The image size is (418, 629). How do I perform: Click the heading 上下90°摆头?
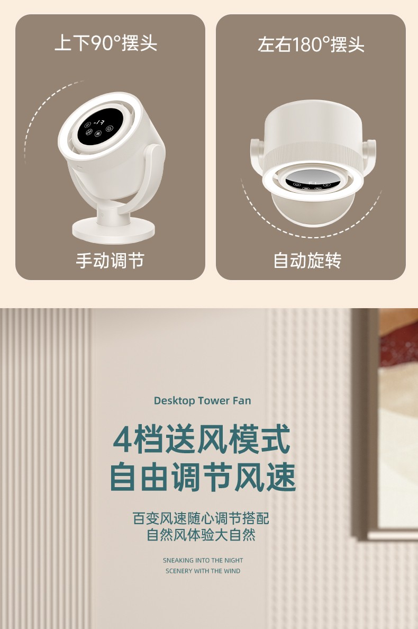tap(106, 43)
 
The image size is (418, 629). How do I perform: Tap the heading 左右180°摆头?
tap(311, 44)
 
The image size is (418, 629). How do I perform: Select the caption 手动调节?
tap(110, 260)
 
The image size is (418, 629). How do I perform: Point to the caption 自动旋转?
tap(307, 260)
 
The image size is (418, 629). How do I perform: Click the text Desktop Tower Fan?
tap(203, 400)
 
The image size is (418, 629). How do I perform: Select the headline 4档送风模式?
tap(202, 439)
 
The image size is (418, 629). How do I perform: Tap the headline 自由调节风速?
tap(203, 477)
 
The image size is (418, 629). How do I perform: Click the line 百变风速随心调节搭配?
tap(201, 518)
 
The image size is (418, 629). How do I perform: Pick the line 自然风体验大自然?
tap(201, 535)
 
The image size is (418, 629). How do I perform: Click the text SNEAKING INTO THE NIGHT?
tap(203, 560)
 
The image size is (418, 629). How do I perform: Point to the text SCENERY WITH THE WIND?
tap(203, 571)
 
